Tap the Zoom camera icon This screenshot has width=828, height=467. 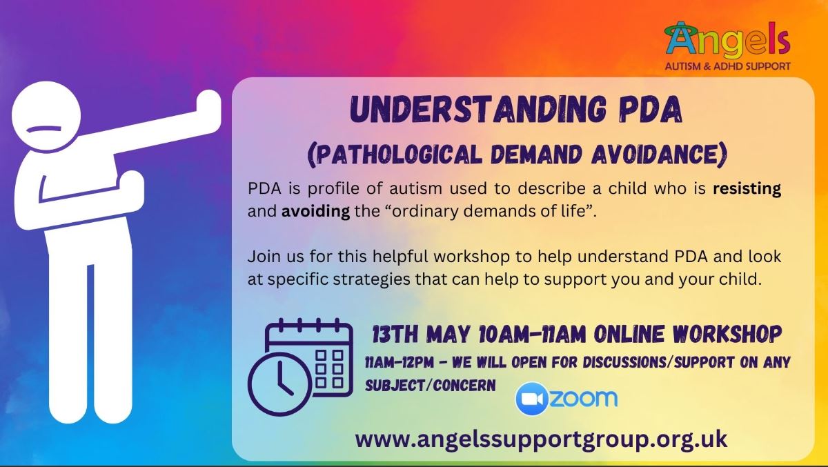pos(532,399)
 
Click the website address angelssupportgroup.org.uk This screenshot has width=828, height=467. pos(541,440)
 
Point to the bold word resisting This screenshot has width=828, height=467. pos(747,189)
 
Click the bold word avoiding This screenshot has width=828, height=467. pos(316,212)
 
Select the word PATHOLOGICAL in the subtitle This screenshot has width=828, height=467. pos(395,155)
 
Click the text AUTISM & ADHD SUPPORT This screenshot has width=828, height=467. pos(728,66)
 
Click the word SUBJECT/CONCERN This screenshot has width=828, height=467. pos(431,386)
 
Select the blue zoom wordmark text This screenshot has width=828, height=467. pos(583,398)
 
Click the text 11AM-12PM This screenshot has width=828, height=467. pos(400,363)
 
